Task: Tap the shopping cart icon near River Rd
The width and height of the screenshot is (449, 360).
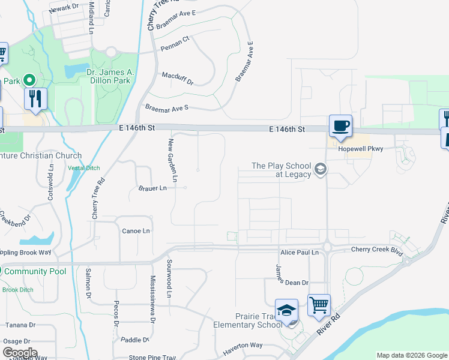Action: (319, 305)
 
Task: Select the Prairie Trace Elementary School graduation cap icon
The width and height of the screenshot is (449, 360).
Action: (287, 311)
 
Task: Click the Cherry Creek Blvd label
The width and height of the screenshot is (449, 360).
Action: (376, 250)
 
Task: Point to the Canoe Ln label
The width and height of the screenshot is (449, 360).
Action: (135, 230)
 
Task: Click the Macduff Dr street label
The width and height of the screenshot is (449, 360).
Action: (178, 76)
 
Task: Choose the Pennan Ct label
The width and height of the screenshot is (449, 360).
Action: (175, 39)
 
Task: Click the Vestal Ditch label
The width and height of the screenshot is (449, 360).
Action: (83, 168)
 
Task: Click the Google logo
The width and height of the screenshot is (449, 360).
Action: (19, 353)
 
